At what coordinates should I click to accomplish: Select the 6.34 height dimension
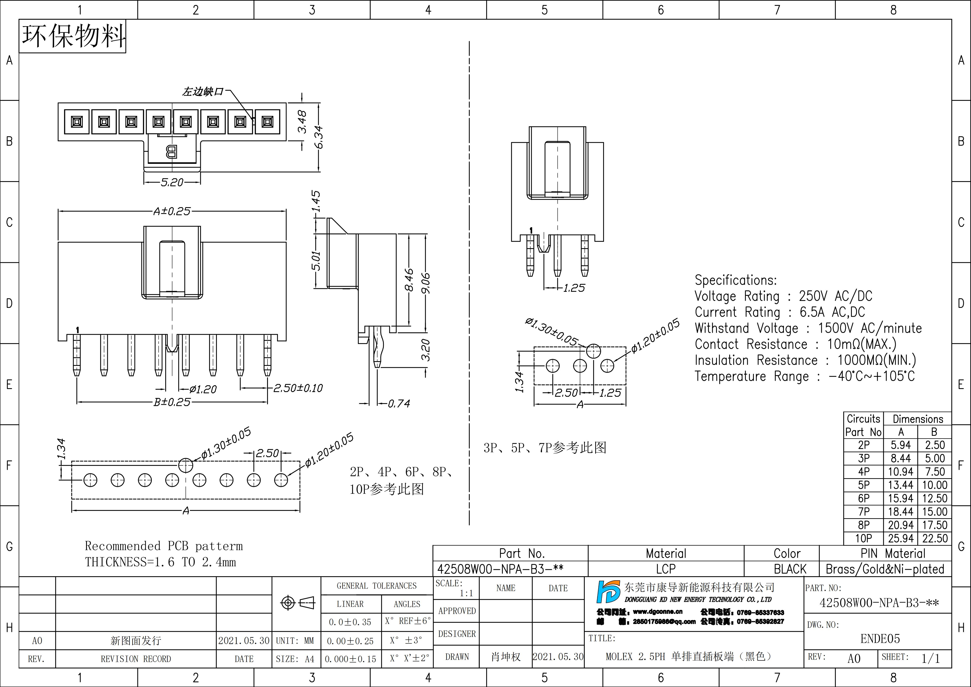[319, 137]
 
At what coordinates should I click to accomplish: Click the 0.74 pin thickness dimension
[399, 404]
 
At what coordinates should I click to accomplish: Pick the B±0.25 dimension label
[172, 402]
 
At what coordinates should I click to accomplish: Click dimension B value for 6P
[935, 498]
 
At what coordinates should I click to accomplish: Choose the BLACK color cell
[790, 569]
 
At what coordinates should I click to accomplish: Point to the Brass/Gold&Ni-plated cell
[885, 569]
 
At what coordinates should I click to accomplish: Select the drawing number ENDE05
[880, 639]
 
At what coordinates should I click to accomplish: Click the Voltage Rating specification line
[783, 296]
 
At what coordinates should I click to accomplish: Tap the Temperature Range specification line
[804, 376]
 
